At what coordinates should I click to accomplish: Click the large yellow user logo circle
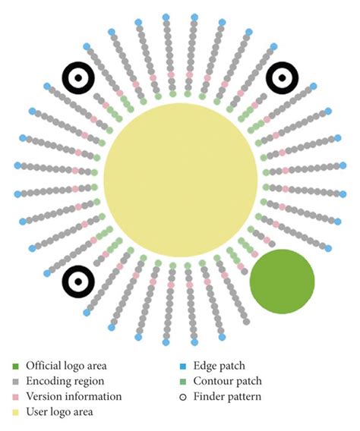(181, 180)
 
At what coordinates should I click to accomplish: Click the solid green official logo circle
(282, 282)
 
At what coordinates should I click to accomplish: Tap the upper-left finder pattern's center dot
(78, 78)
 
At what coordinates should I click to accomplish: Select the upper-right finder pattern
(282, 78)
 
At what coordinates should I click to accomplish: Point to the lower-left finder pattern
(78, 282)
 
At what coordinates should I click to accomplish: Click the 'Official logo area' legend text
(66, 366)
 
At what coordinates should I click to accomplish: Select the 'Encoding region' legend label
(65, 382)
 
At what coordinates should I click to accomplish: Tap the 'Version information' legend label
(74, 397)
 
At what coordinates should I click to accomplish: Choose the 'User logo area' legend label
(60, 412)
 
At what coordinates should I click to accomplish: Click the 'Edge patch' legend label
(219, 366)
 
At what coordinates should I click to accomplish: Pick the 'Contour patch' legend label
(228, 381)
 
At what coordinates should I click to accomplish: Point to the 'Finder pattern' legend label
(227, 397)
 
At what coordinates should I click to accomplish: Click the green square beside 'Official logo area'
(16, 367)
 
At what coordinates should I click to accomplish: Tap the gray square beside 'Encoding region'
(16, 382)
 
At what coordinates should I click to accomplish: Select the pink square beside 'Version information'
(16, 397)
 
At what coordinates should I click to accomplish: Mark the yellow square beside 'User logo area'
(16, 413)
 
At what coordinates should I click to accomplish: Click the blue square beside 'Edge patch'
(183, 367)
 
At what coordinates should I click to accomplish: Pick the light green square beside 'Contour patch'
(183, 382)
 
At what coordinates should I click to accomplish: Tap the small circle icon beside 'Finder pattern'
(183, 397)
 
